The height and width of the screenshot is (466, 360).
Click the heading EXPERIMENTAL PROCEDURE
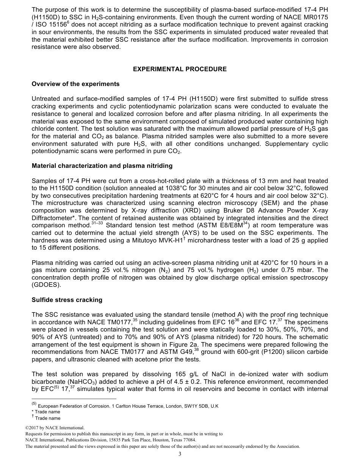(x=180, y=69)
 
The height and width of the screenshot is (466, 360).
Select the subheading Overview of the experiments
(x=75, y=84)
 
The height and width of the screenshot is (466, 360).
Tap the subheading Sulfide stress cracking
(x=67, y=300)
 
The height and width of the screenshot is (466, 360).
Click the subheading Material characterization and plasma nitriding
(x=102, y=166)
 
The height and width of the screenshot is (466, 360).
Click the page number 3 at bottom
(x=180, y=454)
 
